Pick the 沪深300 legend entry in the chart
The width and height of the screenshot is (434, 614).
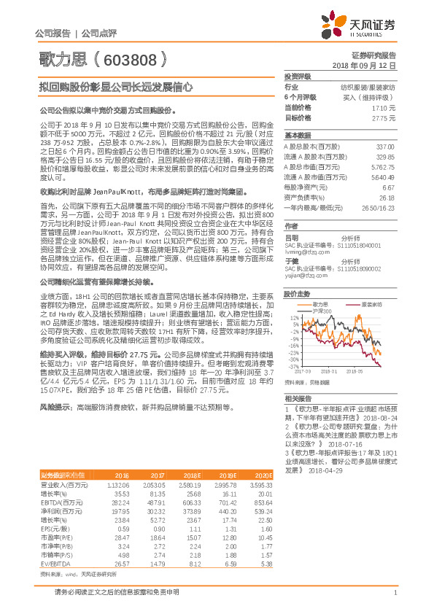click(x=322, y=311)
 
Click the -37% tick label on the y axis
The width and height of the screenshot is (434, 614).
click(x=292, y=366)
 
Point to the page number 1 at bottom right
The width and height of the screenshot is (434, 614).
click(x=394, y=592)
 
